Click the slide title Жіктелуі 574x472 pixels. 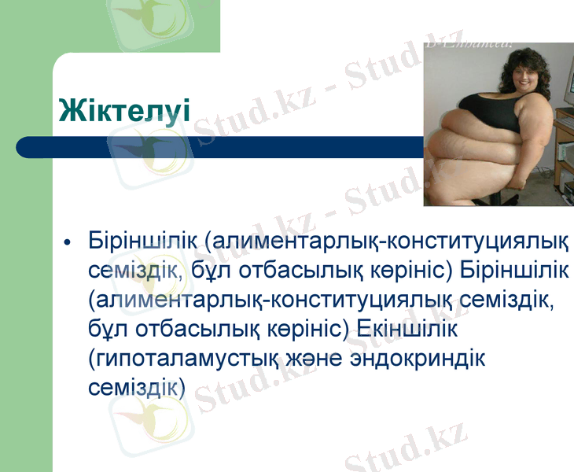coord(124,110)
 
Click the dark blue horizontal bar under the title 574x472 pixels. coord(220,147)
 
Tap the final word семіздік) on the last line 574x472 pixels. coord(137,387)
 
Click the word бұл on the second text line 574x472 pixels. coord(215,270)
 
